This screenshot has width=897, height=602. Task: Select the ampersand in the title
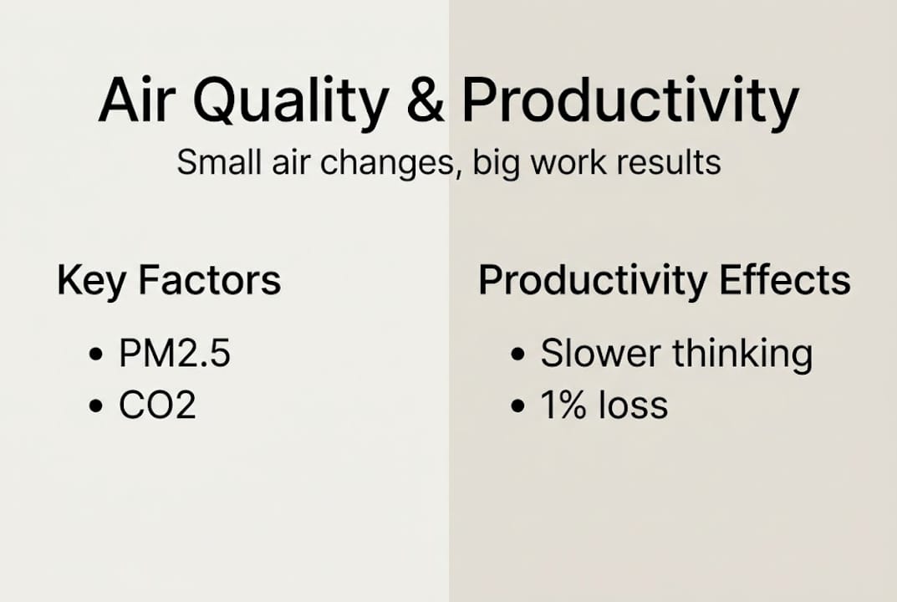pyautogui.click(x=425, y=102)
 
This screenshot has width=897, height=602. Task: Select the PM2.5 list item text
pyautogui.click(x=174, y=354)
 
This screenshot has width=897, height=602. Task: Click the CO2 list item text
pyautogui.click(x=157, y=406)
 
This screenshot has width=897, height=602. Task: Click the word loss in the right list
pyautogui.click(x=633, y=406)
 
